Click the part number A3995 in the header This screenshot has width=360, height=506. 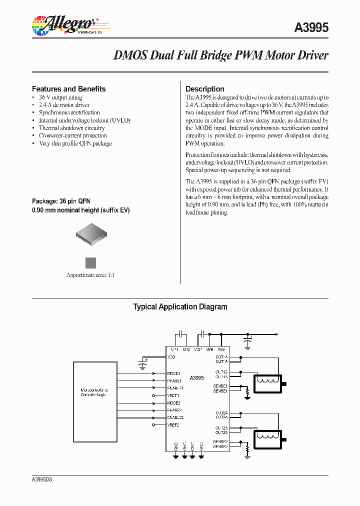(x=311, y=28)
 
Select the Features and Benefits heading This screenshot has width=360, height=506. (x=68, y=89)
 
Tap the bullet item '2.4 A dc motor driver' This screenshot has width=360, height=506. (x=64, y=105)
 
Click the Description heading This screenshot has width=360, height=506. (x=204, y=89)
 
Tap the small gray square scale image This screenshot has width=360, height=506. (x=90, y=263)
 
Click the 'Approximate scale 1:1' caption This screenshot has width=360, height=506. (x=90, y=275)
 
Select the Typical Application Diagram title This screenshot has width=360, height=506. (x=180, y=307)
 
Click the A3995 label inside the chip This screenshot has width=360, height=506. (x=196, y=378)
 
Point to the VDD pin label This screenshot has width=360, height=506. (x=172, y=357)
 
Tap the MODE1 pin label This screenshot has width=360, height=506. (x=173, y=373)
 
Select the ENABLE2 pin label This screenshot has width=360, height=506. (x=175, y=417)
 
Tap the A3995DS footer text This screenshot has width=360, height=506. (x=42, y=479)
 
